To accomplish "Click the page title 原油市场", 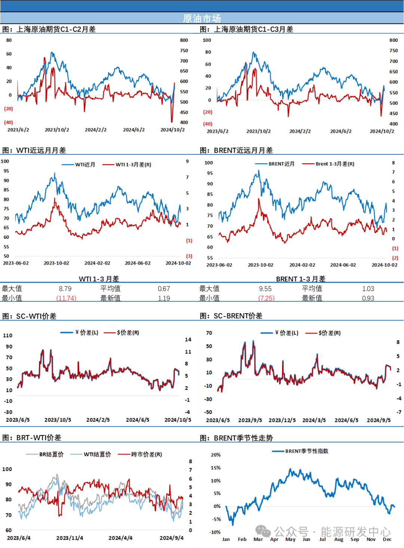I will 202,18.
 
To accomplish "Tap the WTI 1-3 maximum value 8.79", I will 65,289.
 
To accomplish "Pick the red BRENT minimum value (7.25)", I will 266,298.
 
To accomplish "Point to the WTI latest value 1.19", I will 164,298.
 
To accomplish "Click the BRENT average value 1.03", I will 368,289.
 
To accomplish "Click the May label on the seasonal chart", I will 290,539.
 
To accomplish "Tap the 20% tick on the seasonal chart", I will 216,455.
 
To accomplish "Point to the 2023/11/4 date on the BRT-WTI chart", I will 70,538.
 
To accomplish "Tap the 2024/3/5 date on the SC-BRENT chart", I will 314,420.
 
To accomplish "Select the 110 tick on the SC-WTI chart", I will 8,335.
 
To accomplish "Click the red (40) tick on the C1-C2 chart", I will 9,122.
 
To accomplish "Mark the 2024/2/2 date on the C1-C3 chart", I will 300,131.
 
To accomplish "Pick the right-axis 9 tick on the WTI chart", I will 187,161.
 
